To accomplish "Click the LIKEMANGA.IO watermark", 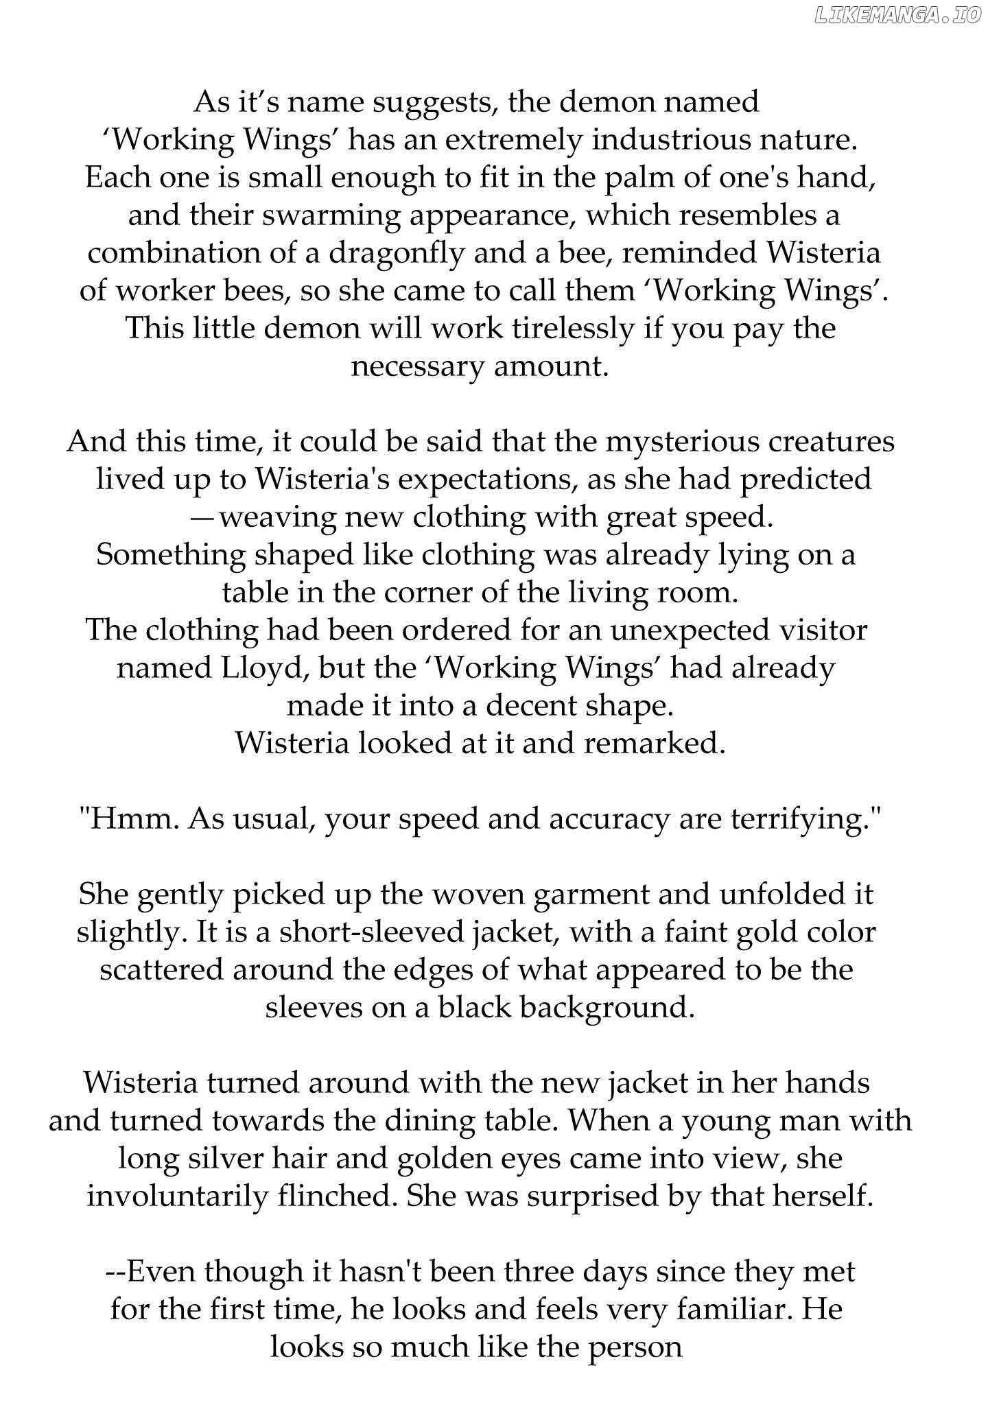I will (898, 16).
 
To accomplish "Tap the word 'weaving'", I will (278, 518).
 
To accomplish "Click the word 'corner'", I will (426, 593).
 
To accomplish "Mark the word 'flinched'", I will (337, 1196).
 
